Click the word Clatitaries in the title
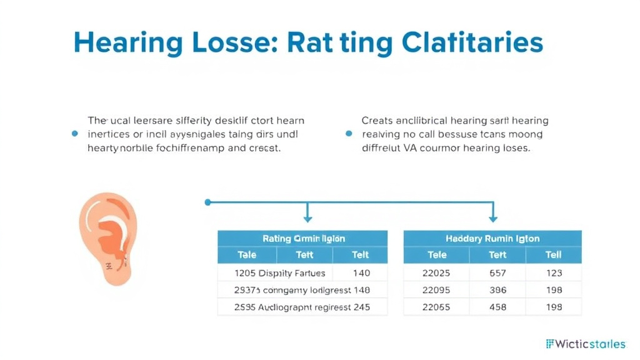[472, 43]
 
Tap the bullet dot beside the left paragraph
[75, 134]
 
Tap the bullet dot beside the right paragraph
[349, 134]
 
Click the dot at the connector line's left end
[208, 202]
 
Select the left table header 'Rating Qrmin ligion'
[302, 239]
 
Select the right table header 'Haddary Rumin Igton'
[492, 239]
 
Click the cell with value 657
[497, 273]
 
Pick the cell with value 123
[553, 273]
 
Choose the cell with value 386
[497, 290]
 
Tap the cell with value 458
[497, 307]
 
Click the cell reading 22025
[437, 273]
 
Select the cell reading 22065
[437, 307]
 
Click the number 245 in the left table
[361, 307]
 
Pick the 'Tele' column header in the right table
[437, 255]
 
